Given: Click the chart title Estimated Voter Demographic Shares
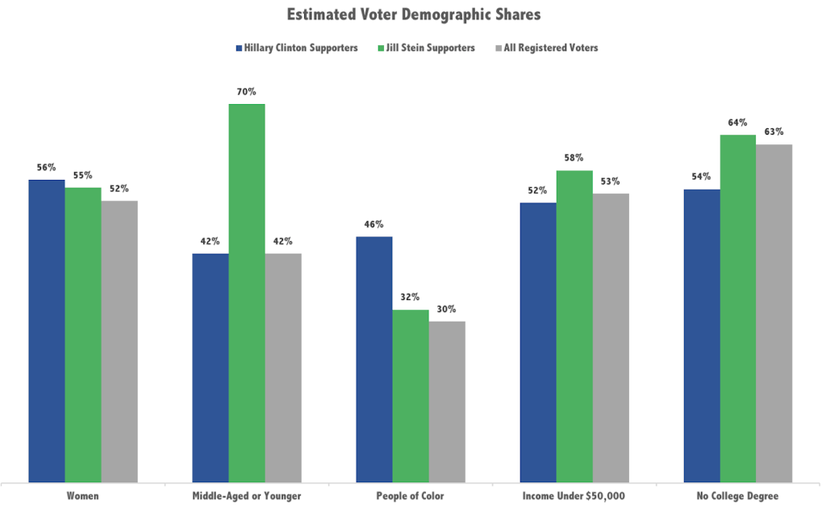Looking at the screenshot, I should (x=412, y=15).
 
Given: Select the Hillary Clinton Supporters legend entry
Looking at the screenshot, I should (x=297, y=48).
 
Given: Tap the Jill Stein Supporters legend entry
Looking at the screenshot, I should (x=428, y=48).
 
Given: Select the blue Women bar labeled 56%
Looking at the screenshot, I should (x=47, y=331).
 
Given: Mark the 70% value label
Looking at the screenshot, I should (x=247, y=92).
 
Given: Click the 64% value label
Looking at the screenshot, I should (x=738, y=123).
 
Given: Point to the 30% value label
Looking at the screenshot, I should (x=447, y=309).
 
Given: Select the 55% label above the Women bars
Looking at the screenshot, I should (x=83, y=175).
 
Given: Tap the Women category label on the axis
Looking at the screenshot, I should (x=83, y=496).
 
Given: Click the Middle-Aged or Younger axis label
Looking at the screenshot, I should (x=247, y=496).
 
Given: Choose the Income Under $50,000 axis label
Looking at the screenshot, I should (x=574, y=496).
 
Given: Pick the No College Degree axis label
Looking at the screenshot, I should (x=738, y=496).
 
